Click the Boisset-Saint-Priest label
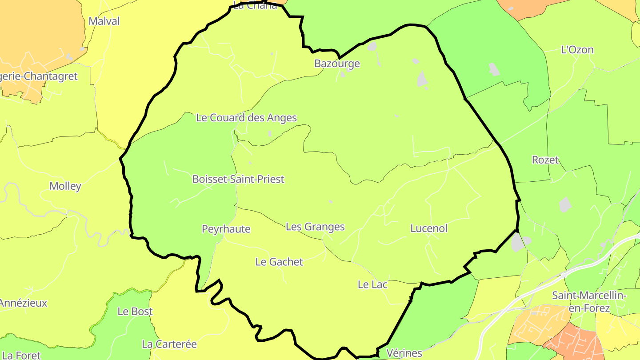coord(238,179)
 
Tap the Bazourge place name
coord(337,64)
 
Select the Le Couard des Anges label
coord(246,118)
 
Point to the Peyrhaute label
coord(226,229)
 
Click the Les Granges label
coord(315,227)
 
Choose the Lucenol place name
coord(428,228)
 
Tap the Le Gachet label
coord(279,262)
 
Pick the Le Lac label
coord(372,284)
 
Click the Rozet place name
coord(545,160)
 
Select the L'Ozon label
coord(577,50)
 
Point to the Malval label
coord(104,21)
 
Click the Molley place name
coord(65,186)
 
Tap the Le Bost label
coord(135,312)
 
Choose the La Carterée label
coord(169,344)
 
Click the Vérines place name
coord(404,353)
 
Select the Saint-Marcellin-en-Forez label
coord(589,301)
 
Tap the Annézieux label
coord(23,303)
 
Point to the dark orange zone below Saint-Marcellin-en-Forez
coord(573,342)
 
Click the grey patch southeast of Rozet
coord(564,204)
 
